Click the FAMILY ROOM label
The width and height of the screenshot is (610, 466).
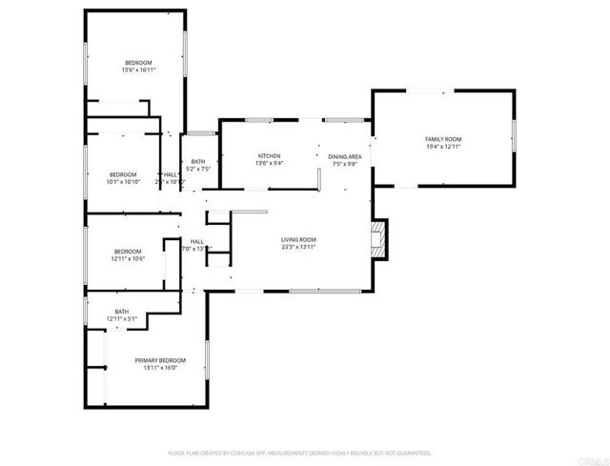[442, 139]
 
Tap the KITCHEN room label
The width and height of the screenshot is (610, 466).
[269, 155]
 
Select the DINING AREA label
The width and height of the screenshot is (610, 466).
[344, 155]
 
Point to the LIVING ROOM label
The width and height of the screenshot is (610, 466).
[297, 239]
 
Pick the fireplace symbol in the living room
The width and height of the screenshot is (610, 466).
[379, 240]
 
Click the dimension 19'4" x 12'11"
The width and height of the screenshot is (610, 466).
[442, 148]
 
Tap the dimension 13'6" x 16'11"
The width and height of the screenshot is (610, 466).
[138, 71]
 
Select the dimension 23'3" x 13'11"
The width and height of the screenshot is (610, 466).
[297, 247]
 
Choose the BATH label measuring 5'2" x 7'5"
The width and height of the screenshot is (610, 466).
[197, 162]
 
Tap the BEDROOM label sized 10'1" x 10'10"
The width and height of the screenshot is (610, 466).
[123, 174]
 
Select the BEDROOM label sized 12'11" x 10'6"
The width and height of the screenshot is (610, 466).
[127, 251]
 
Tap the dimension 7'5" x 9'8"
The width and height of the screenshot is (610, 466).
[344, 164]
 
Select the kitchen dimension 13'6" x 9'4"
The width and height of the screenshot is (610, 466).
[269, 164]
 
